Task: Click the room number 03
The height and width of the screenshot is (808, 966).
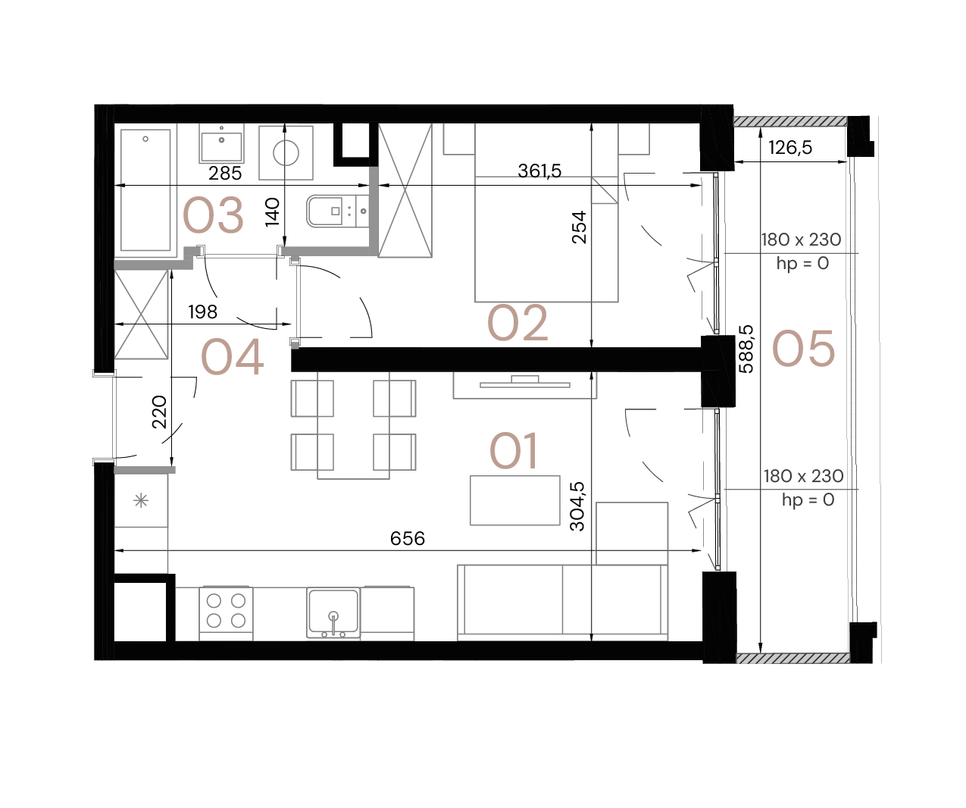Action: coord(213,215)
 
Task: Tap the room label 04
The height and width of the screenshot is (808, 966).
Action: coord(232,357)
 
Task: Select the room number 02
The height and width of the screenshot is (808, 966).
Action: coord(517,323)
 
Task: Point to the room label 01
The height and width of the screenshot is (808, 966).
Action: coord(514,451)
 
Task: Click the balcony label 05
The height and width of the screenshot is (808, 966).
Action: coord(803,349)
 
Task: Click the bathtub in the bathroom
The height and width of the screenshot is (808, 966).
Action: coord(145,189)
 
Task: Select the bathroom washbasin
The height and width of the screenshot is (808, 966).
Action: coord(222,143)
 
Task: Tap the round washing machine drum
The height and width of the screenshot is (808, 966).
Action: coord(286,153)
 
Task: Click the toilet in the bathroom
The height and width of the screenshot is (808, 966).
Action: coord(337,211)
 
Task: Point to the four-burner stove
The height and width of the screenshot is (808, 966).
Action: coord(226,611)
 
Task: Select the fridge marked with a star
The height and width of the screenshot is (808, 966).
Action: coord(141,500)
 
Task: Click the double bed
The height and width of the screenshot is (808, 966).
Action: coord(546,227)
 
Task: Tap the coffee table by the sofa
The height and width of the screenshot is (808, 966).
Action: coord(515,500)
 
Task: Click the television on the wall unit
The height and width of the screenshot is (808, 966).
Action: coord(524,383)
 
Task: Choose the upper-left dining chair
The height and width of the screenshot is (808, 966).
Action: coord(312,398)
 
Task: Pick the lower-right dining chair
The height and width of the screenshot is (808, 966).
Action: coord(394,452)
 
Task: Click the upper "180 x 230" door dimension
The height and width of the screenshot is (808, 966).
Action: coord(801,240)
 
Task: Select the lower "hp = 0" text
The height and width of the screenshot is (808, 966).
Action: coord(808,500)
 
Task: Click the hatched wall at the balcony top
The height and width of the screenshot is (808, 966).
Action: coord(790,121)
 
